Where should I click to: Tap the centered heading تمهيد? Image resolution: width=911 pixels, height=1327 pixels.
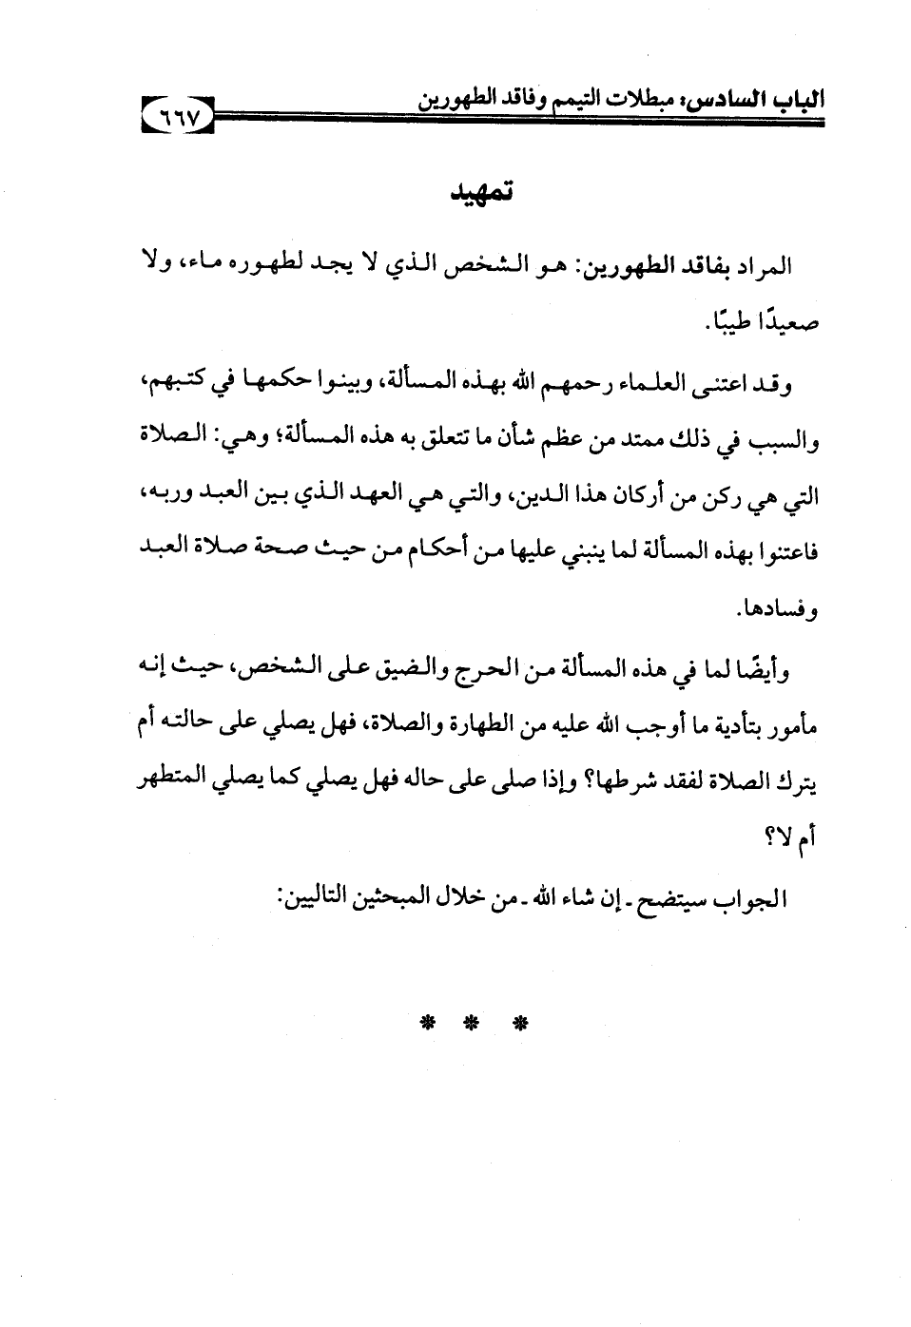[x=482, y=193]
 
